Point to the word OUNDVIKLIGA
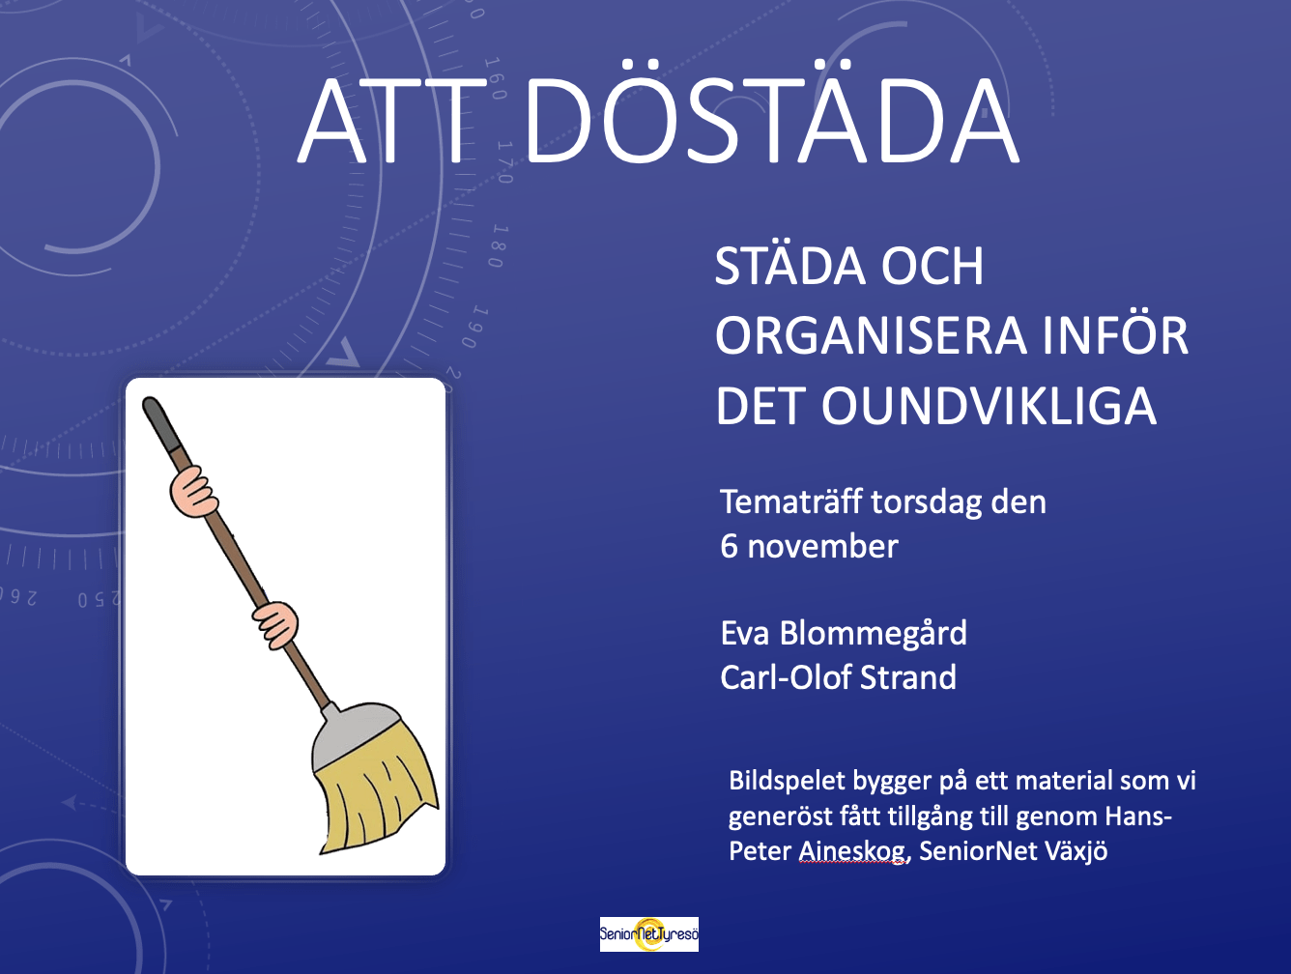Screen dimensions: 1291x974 (990, 406)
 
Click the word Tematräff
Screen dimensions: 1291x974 (791, 501)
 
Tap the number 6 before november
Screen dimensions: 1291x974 (729, 547)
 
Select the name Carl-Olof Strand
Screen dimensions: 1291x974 (838, 677)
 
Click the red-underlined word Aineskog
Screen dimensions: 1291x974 (852, 852)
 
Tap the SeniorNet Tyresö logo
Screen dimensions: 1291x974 (648, 934)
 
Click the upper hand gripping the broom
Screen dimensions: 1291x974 (193, 492)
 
